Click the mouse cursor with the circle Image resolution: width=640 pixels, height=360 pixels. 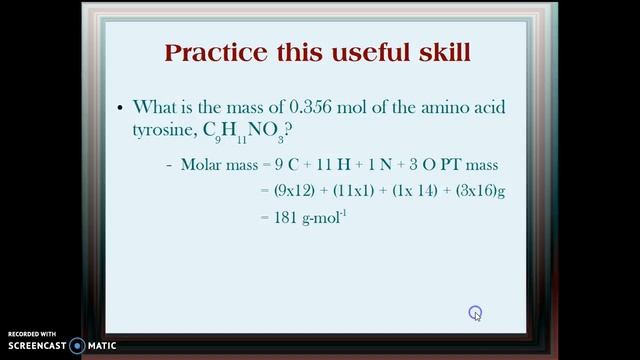tap(476, 314)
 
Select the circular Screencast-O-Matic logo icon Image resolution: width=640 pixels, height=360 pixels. tap(77, 346)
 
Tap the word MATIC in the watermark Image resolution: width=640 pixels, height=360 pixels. tap(101, 346)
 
